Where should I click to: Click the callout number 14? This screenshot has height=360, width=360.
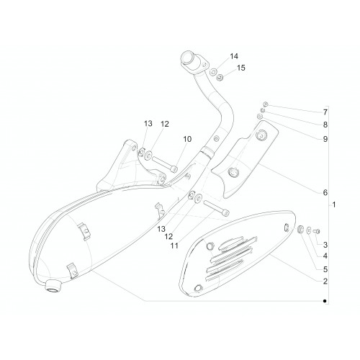click(234, 56)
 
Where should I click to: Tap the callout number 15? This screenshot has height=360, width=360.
click(241, 68)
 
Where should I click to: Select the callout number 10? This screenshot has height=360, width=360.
click(187, 139)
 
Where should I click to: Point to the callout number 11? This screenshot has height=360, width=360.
click(174, 246)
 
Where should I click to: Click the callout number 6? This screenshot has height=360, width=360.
click(325, 192)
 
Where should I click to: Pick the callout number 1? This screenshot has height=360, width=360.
click(334, 204)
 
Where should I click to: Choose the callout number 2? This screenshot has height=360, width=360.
click(325, 282)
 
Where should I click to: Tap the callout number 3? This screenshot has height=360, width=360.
click(325, 245)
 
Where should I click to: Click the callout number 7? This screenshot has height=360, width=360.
click(325, 112)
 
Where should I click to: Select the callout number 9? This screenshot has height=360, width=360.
click(325, 139)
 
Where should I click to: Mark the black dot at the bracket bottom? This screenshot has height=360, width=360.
click(325, 301)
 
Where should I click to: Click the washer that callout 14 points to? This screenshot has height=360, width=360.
click(213, 71)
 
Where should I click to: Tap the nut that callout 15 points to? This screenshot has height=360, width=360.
click(220, 78)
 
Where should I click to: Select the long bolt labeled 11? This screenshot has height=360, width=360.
click(216, 207)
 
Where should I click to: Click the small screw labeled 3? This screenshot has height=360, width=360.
click(317, 231)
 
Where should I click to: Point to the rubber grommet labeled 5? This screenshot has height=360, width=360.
click(300, 229)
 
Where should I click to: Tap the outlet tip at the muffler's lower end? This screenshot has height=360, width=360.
click(53, 287)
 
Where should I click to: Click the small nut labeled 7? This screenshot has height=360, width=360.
click(266, 104)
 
